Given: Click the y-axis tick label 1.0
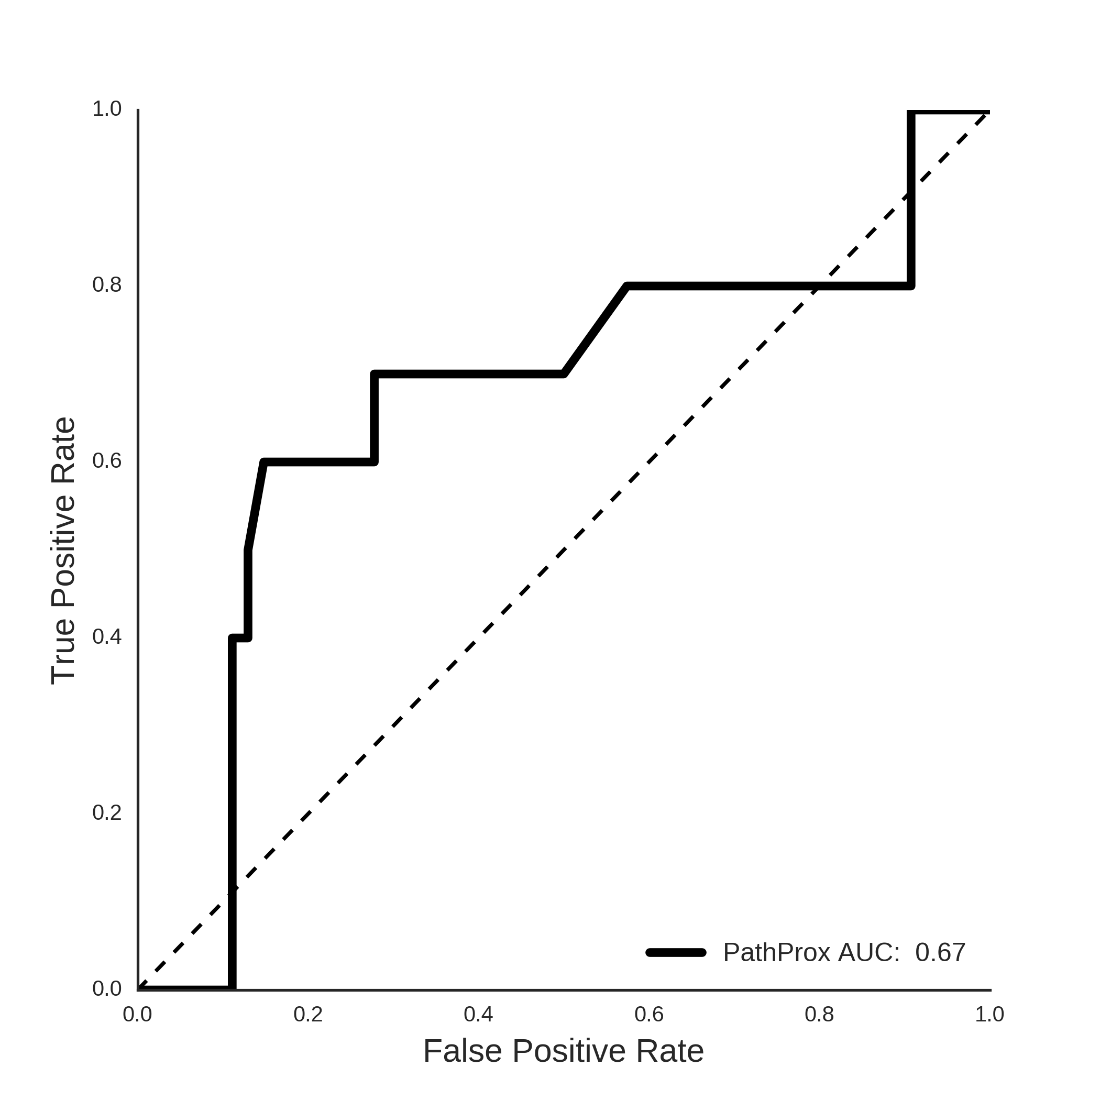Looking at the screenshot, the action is point(107,109).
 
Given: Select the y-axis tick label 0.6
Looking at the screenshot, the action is point(107,460).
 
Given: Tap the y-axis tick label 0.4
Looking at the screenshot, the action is point(107,636).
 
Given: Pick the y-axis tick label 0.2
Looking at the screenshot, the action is point(107,812).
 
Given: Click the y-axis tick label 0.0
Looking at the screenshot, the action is point(107,988).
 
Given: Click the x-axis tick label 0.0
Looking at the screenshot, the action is point(138,1014).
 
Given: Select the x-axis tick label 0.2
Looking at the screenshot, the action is point(308,1014).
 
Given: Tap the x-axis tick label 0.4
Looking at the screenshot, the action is point(478,1014).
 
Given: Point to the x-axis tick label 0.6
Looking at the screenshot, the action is point(649,1014).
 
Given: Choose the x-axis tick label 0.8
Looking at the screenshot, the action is point(819,1014).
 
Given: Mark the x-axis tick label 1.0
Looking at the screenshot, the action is point(989,1014).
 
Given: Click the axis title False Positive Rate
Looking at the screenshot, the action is point(564,1051).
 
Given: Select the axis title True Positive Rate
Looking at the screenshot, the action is point(63,551).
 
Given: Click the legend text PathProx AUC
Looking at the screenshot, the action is point(811,952).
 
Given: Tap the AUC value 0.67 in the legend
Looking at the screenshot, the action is point(940,952).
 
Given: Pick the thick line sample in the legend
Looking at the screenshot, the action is point(676,952).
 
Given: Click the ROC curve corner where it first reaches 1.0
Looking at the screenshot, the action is point(911,112).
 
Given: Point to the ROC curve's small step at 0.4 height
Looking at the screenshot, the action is point(240,638).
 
